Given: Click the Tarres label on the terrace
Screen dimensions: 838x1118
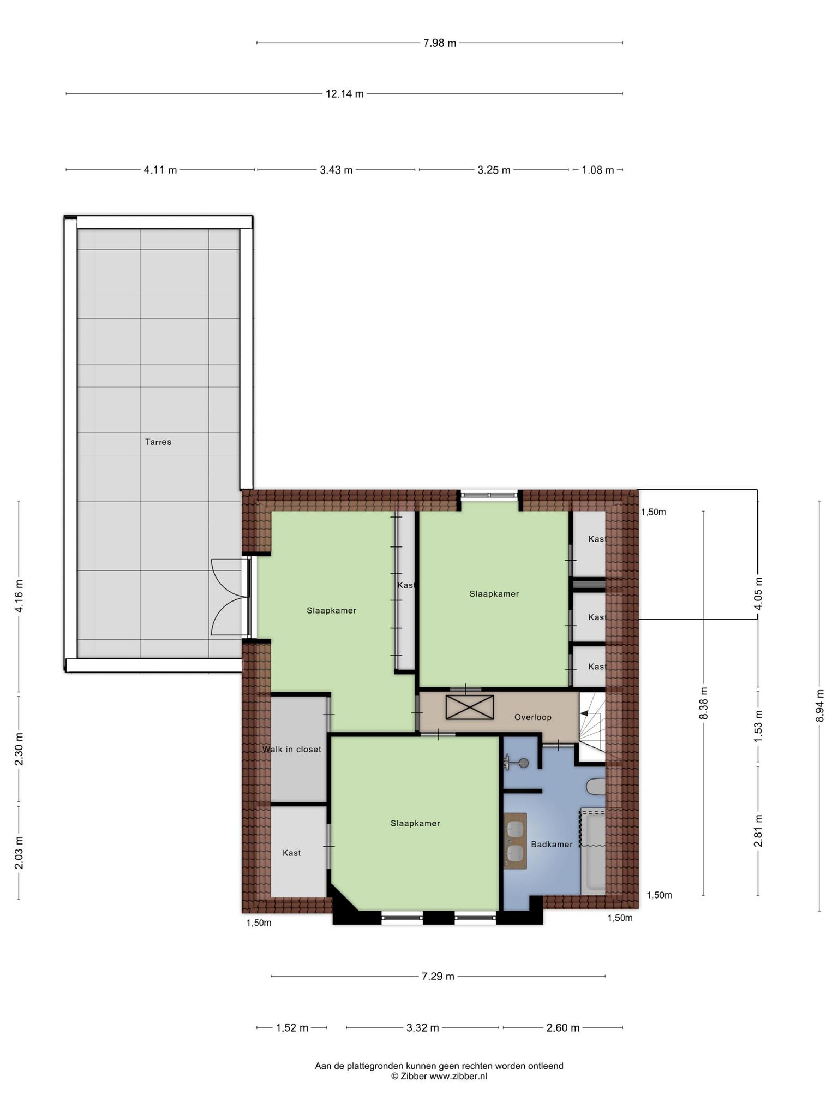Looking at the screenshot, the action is coord(158,442).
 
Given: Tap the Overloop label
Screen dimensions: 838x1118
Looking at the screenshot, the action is coord(533,717).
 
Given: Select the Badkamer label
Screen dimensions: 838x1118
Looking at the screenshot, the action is coord(552,845).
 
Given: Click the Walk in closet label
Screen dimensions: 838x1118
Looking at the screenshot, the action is coord(292,750).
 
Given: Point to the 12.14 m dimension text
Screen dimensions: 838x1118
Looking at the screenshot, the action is coord(345,94).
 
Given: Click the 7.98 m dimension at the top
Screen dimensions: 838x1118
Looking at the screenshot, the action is coord(440,43).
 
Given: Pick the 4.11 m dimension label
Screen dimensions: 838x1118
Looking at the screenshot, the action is coord(160,170).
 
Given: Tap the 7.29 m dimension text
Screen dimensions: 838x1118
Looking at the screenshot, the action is coord(438,976).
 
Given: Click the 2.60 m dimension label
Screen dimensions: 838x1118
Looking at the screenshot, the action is coord(563,1028).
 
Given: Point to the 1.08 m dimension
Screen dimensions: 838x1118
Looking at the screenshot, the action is coord(598,170).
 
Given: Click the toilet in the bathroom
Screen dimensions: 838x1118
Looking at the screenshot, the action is coord(596,787).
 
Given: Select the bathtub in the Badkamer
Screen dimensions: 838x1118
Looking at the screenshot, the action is coord(593,852).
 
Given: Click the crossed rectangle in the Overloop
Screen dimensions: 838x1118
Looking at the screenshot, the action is coord(470,707).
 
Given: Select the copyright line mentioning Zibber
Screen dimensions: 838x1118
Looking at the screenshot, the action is coord(439,1077).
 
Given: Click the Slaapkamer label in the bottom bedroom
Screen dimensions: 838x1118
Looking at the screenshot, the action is coord(415,824).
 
